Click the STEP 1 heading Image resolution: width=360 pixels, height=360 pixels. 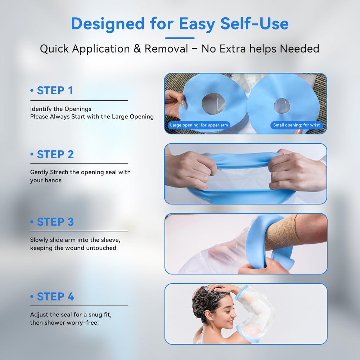55,90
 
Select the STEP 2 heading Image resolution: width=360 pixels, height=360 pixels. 55,154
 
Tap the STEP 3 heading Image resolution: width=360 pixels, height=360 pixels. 55,222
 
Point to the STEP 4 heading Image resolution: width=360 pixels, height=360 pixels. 55,297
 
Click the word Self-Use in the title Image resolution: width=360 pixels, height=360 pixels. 255,24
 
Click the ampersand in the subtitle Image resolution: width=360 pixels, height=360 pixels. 137,49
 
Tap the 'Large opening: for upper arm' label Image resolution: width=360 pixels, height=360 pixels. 199,125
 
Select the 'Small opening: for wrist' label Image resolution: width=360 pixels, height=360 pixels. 296,125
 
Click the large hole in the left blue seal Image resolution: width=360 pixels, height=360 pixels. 213,104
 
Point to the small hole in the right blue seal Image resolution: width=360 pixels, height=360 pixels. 282,106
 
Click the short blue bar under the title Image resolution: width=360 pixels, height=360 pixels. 180,38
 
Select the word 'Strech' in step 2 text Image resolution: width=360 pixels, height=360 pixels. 59,172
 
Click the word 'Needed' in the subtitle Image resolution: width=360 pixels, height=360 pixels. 300,49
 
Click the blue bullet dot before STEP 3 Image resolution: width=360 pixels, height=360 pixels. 32,222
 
